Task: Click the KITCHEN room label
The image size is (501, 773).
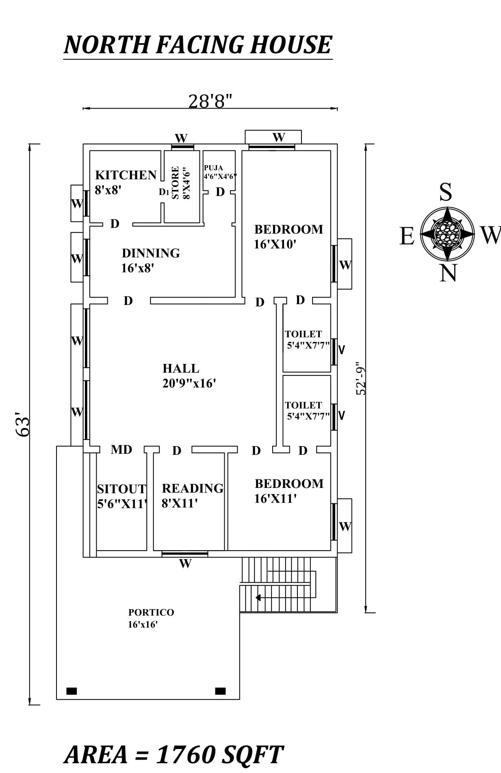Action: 126,175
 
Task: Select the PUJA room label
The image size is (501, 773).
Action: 213,168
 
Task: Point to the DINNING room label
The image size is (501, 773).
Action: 151,253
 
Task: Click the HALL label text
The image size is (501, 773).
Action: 181,368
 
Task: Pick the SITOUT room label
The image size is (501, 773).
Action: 121,489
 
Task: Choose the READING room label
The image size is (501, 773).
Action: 193,488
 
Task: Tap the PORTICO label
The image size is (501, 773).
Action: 151,612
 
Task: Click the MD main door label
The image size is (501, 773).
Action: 121,450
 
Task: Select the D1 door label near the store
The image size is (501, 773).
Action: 164,192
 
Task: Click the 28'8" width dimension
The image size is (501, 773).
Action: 210,101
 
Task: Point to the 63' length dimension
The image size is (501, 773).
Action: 23,425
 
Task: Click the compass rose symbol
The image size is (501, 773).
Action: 447,234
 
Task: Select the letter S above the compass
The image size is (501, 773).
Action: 446,192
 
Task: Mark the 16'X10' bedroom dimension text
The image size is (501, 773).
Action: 275,245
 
